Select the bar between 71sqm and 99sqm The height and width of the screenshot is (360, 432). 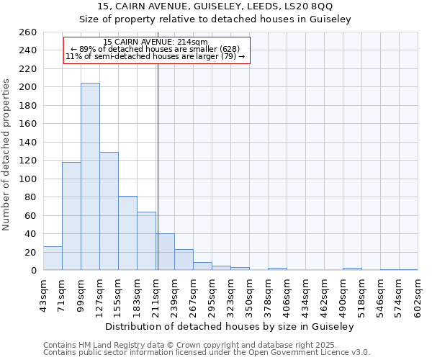[71, 216]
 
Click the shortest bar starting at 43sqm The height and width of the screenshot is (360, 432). [53, 258]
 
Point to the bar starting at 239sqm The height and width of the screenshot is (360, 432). [184, 260]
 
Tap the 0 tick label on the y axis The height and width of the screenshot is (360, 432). [33, 271]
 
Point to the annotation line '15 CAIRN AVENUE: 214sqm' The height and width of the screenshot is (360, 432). [156, 42]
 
